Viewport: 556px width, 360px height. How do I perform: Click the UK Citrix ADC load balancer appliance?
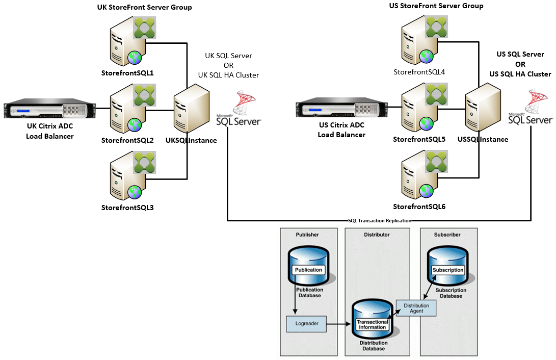point(50,109)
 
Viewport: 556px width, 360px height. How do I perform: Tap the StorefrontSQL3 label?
point(127,208)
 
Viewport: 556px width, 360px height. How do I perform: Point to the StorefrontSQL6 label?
point(419,207)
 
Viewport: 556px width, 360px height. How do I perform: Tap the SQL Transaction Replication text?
point(379,221)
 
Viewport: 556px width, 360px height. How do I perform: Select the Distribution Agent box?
point(416,308)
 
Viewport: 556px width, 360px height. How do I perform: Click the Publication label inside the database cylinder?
point(309,270)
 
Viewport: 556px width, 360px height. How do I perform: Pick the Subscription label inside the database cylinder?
point(448,270)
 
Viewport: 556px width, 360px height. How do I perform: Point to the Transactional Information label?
point(372,325)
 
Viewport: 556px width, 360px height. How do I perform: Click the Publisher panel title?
point(307,235)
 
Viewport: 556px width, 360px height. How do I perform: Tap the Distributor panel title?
point(377,235)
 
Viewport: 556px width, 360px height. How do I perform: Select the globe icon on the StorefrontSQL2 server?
point(135,124)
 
